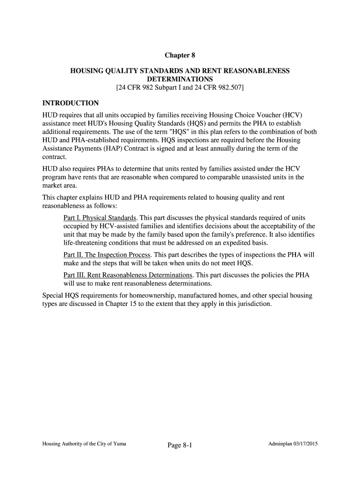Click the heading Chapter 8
(180, 56)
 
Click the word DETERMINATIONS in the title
(180, 79)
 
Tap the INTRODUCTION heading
(71, 102)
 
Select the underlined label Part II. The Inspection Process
(107, 254)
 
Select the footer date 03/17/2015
(304, 443)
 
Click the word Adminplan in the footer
(279, 443)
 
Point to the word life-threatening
(88, 243)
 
